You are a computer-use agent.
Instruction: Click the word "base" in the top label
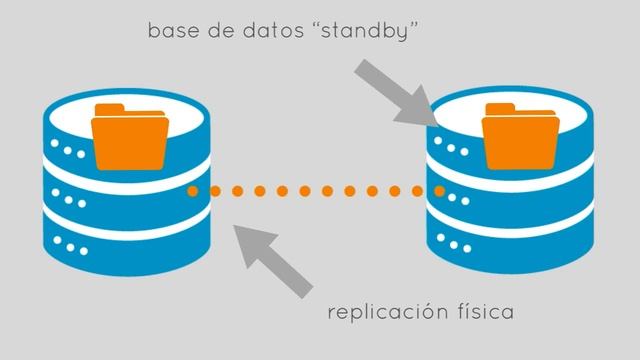click(x=171, y=33)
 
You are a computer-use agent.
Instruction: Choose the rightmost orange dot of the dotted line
click(x=439, y=190)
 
